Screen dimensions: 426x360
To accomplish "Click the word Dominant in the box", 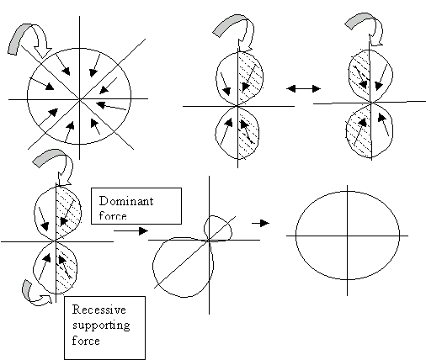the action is (126, 201).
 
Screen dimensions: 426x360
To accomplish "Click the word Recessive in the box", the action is (99, 310).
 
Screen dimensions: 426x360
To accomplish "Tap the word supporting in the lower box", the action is (101, 326).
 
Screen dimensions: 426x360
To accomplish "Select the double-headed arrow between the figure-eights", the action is (303, 88).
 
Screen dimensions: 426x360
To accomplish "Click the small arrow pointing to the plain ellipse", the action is (260, 223).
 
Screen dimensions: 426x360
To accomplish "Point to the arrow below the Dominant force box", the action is (130, 230).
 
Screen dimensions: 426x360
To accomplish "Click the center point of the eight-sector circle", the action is (80, 99).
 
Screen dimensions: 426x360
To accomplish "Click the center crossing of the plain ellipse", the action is (348, 236).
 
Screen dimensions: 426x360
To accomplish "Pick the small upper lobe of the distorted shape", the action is (218, 228).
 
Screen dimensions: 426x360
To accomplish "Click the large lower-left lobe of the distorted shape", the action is (183, 267).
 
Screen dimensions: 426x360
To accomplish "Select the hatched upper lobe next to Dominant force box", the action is (68, 212).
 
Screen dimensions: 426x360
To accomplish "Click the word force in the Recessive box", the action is (86, 341).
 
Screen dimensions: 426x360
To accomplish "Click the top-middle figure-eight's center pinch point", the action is (238, 106).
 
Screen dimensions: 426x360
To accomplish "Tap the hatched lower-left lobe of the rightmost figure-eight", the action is (359, 130).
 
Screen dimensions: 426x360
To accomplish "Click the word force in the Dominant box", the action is (113, 216).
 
